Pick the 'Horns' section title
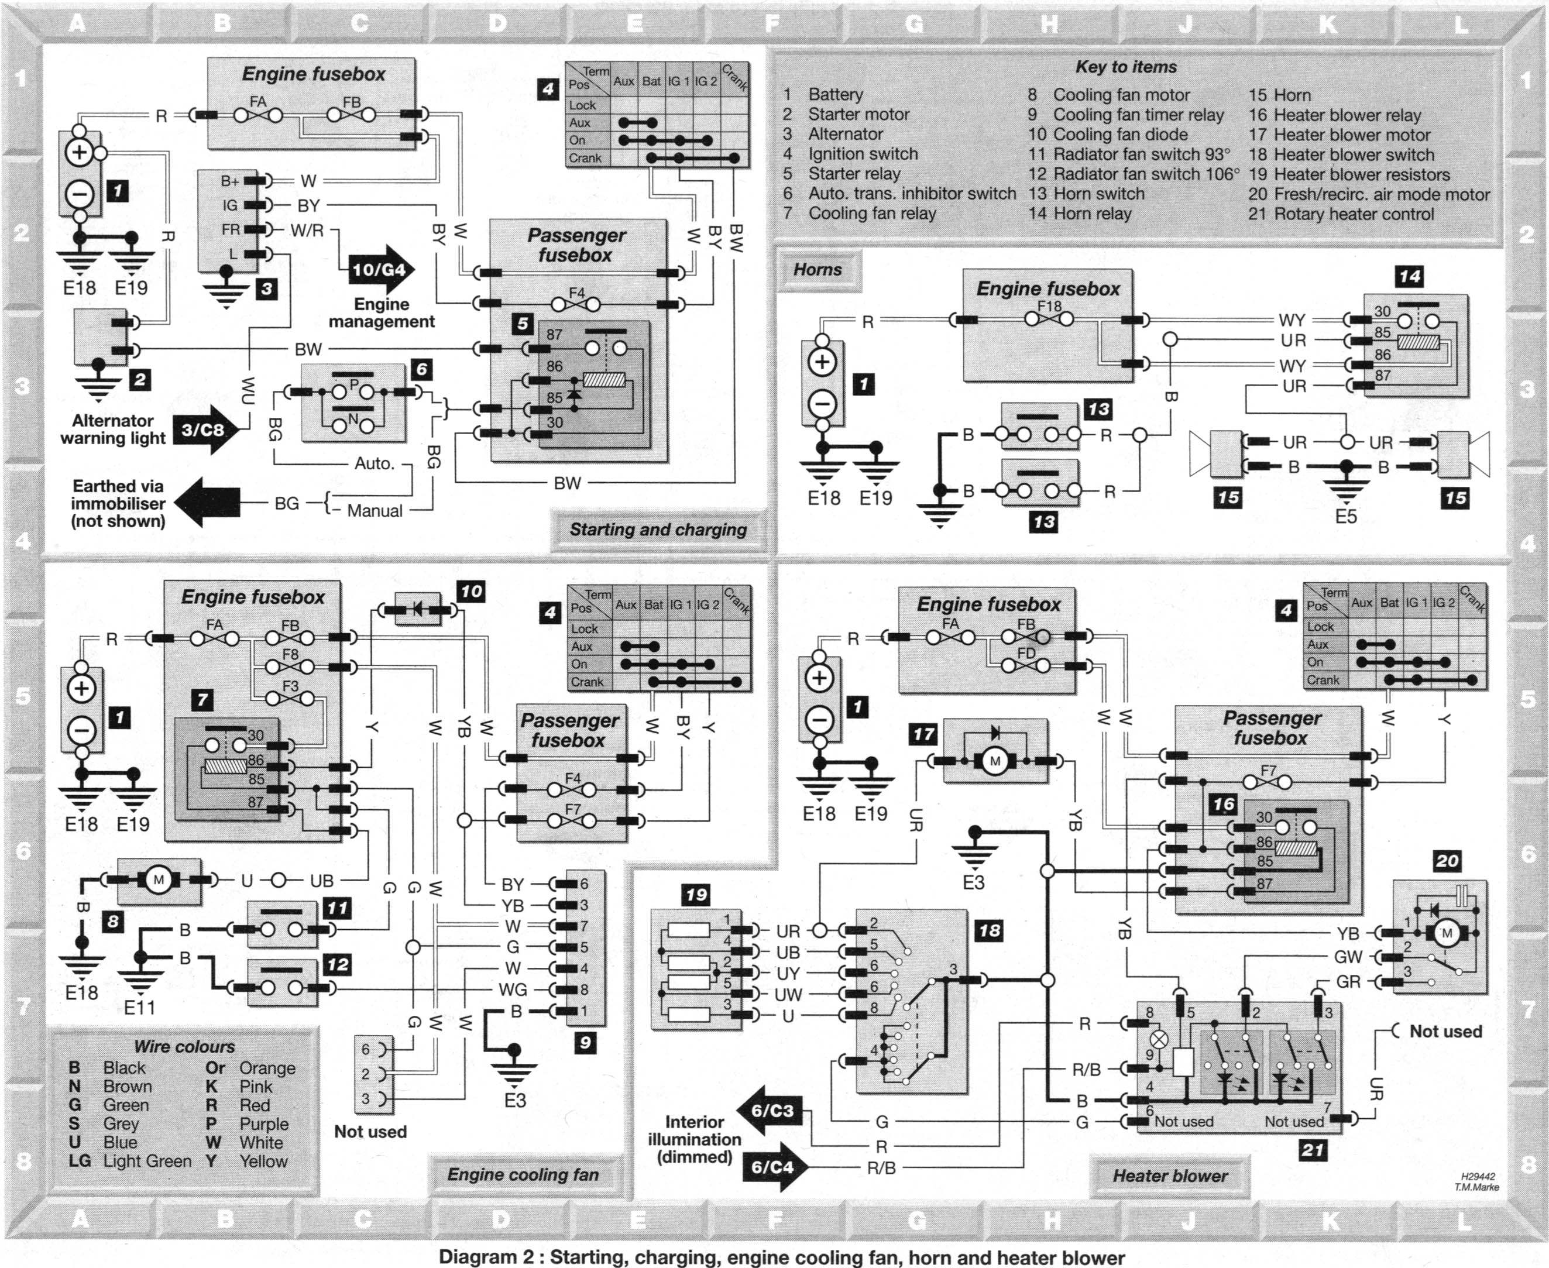[818, 270]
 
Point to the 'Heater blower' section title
[1169, 1176]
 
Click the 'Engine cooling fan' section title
[523, 1174]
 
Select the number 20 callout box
[1447, 861]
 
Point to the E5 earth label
[1345, 517]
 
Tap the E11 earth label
[139, 1008]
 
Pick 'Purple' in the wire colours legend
[264, 1124]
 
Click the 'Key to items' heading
[1125, 67]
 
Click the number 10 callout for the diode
[471, 592]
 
